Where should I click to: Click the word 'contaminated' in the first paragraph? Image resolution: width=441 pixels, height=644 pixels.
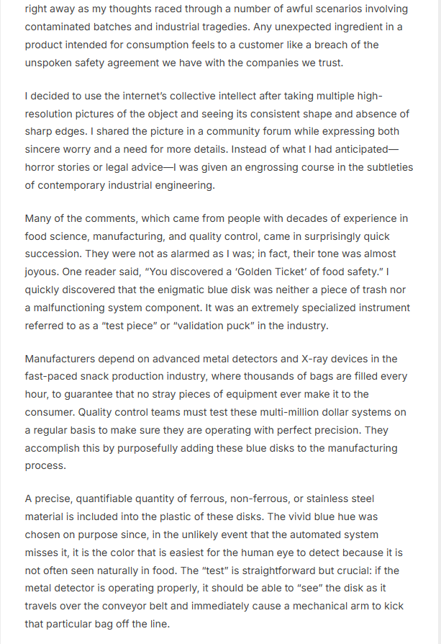pos(58,26)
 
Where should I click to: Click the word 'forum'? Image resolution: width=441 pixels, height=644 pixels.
pos(226,132)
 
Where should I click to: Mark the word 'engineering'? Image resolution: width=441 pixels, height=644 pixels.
pos(178,186)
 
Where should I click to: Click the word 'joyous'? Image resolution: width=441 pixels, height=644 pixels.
pos(44,272)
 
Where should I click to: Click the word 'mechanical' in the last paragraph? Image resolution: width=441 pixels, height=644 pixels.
pos(315,606)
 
